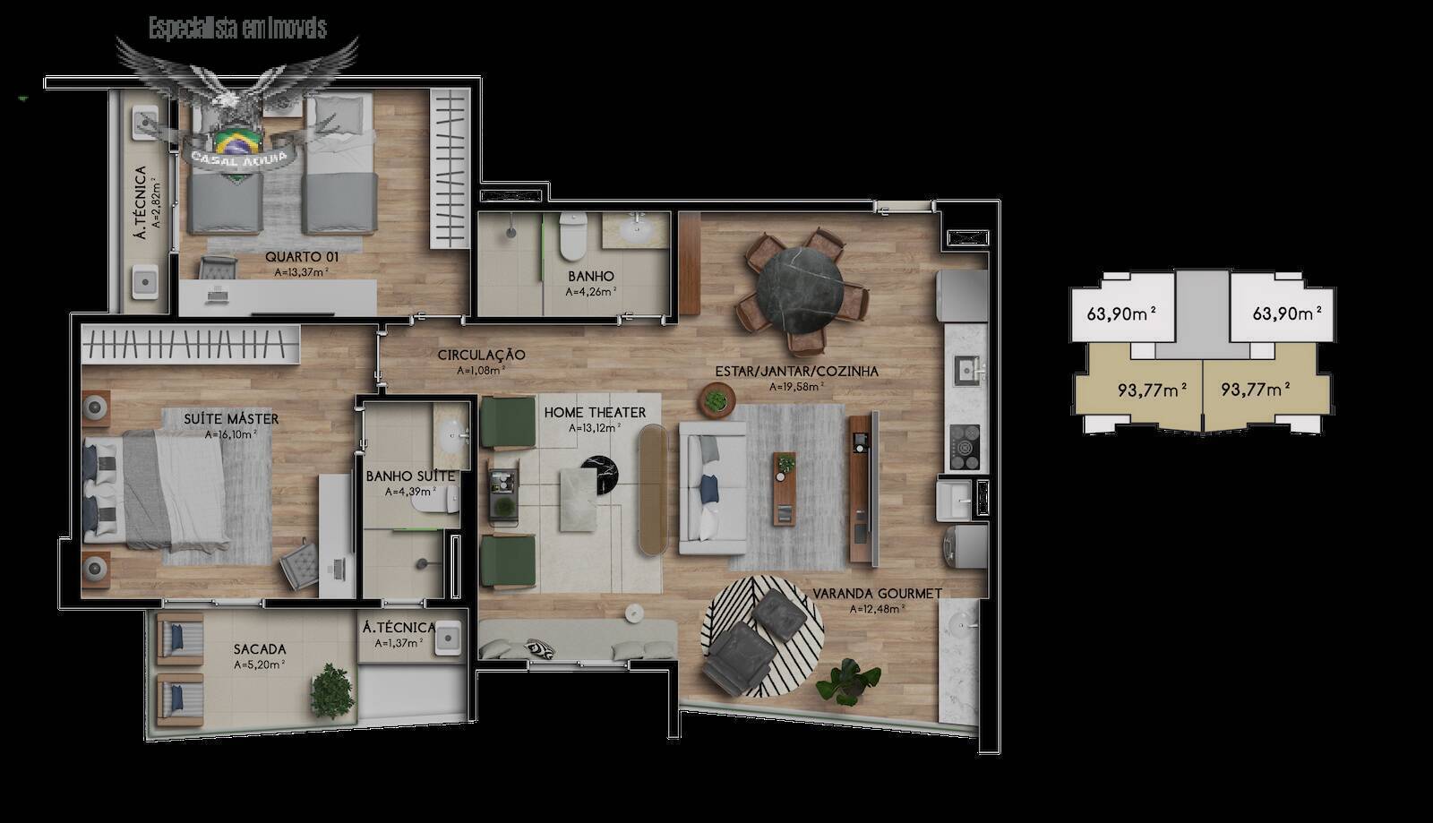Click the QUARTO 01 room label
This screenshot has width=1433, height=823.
tap(301, 257)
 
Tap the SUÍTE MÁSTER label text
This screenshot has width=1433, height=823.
tap(231, 419)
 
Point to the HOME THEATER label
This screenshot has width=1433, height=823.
tap(595, 413)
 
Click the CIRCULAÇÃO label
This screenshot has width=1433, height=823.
tap(481, 356)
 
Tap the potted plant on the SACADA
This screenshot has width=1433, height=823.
tap(332, 690)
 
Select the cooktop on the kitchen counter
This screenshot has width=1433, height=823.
tap(965, 445)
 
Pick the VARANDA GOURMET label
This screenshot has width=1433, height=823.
tap(877, 594)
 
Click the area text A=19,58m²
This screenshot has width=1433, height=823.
tap(796, 387)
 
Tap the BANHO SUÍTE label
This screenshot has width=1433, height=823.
tap(410, 476)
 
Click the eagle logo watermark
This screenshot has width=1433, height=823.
tap(236, 99)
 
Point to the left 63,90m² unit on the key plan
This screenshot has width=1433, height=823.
tap(1120, 314)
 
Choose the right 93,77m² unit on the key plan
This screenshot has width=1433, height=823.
tap(1255, 390)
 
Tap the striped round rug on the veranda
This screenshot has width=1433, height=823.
tap(761, 636)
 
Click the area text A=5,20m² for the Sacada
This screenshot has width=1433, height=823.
tap(259, 665)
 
